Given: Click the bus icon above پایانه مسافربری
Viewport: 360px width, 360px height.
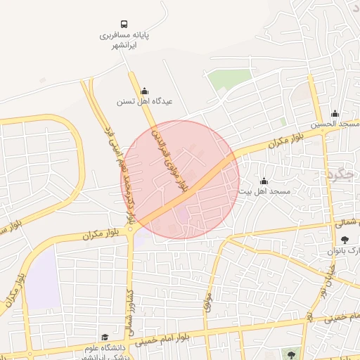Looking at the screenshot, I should click(124, 23).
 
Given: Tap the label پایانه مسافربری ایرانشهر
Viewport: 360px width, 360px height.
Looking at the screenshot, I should click(124, 39).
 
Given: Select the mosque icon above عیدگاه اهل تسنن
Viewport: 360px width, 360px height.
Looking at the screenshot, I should click(145, 90).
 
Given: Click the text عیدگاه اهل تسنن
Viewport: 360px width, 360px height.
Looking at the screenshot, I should click(144, 101).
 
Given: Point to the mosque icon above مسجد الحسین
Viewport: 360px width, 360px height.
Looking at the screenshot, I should click(335, 114).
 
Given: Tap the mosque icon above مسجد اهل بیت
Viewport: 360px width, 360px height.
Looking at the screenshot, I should click(264, 181).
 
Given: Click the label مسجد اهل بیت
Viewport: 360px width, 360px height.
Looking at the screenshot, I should click(264, 191).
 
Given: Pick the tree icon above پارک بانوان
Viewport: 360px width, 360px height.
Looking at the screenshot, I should click(344, 240).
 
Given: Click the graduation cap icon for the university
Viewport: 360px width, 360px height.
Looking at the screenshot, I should click(105, 337).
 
